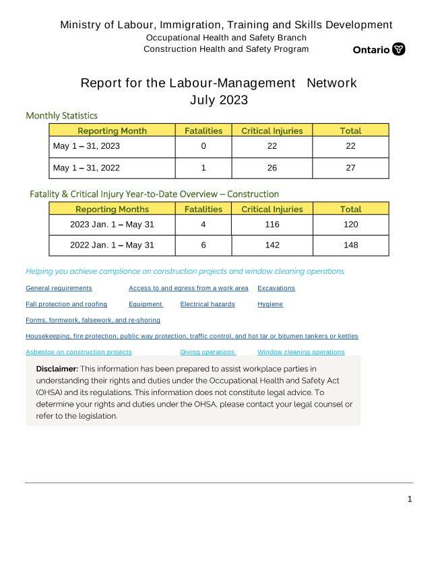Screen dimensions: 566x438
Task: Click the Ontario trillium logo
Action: click(398, 49)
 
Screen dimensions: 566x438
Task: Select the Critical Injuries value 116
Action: click(272, 225)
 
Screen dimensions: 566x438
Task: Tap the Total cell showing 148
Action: click(350, 245)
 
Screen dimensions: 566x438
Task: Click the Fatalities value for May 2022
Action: click(204, 168)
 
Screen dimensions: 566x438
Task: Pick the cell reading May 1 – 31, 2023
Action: click(86, 146)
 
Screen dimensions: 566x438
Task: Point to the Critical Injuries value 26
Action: click(272, 168)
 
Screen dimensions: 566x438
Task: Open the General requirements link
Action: click(59, 288)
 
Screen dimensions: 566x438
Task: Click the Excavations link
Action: click(276, 288)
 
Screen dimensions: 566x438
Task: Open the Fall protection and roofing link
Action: click(66, 304)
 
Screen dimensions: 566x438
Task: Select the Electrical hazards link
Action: click(208, 304)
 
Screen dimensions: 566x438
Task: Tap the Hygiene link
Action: click(270, 304)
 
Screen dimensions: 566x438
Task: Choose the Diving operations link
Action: click(208, 352)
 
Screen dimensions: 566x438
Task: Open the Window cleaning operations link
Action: click(301, 352)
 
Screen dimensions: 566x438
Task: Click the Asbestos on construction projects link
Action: click(79, 352)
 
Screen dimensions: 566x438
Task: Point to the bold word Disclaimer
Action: click(57, 369)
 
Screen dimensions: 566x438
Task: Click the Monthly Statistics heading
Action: click(61, 116)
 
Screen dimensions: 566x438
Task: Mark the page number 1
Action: click(409, 499)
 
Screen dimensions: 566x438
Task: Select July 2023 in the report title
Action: click(218, 100)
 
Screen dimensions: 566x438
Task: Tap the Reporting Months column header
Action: click(112, 209)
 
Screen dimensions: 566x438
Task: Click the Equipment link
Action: click(145, 304)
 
